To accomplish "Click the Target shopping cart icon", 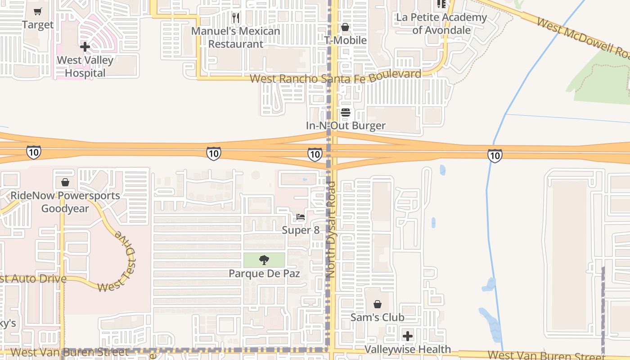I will tap(38, 12).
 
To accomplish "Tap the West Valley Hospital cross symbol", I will tap(85, 47).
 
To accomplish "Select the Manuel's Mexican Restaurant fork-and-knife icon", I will tap(236, 18).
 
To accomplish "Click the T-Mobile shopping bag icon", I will tap(345, 27).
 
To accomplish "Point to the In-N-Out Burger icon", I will tap(346, 112).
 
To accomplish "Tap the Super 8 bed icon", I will tap(301, 217).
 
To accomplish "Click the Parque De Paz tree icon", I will tap(264, 260).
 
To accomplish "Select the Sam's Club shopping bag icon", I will tap(378, 304).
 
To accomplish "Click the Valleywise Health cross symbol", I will tap(408, 336).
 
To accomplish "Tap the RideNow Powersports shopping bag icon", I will tap(65, 182).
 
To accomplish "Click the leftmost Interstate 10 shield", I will tap(34, 152).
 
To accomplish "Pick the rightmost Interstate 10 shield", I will tap(495, 156).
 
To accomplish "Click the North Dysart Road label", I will tap(331, 229).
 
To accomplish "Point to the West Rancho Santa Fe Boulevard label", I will tap(335, 77).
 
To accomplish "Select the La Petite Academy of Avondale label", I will tap(441, 24).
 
